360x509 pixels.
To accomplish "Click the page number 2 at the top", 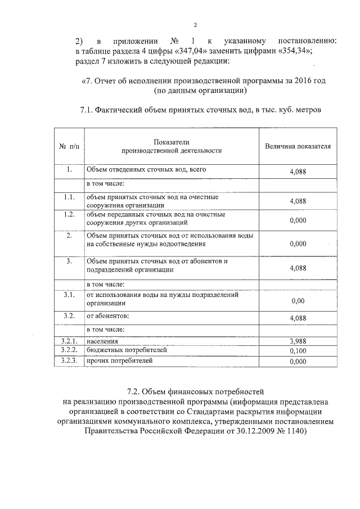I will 194,25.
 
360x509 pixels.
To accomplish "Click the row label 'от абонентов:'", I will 107,316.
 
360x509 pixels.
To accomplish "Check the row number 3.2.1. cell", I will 68,341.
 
